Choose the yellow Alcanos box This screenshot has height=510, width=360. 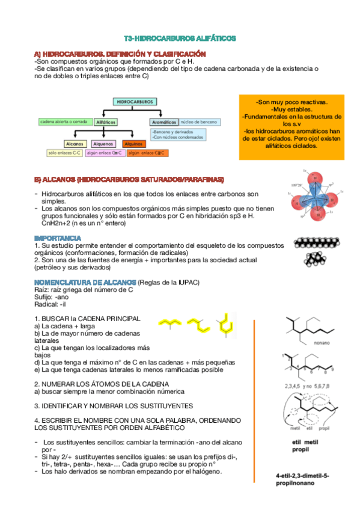(x=75, y=144)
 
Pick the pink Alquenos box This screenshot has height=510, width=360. (x=103, y=144)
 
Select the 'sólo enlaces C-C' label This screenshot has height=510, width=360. (x=64, y=153)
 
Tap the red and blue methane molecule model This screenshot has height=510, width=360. (x=313, y=196)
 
